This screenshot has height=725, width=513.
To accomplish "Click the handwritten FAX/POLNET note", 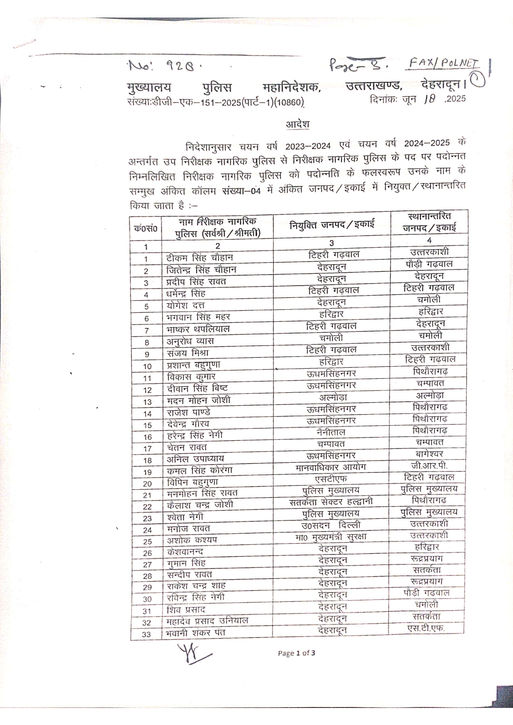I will (444, 63).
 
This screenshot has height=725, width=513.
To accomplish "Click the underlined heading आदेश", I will (297, 124).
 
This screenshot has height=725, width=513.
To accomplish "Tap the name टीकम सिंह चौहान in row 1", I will (199, 258).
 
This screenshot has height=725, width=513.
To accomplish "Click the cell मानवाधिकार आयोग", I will (331, 467).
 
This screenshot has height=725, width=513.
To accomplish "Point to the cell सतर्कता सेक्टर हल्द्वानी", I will (331, 502).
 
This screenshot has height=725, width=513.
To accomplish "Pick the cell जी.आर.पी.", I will (429, 465).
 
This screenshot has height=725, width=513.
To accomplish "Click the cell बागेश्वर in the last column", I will (429, 454).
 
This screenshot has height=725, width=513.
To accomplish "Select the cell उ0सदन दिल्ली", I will (331, 525).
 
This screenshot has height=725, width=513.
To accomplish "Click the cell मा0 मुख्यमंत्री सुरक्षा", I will (331, 537).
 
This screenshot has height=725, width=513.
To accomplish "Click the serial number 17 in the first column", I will (147, 448).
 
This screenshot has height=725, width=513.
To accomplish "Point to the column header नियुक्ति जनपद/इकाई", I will (332, 225).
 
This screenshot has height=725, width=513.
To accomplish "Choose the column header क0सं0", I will (145, 228).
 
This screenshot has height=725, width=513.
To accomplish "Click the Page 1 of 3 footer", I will (296, 653).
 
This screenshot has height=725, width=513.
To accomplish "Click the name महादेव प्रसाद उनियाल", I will (207, 621).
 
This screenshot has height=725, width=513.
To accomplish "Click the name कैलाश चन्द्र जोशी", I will (200, 505).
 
